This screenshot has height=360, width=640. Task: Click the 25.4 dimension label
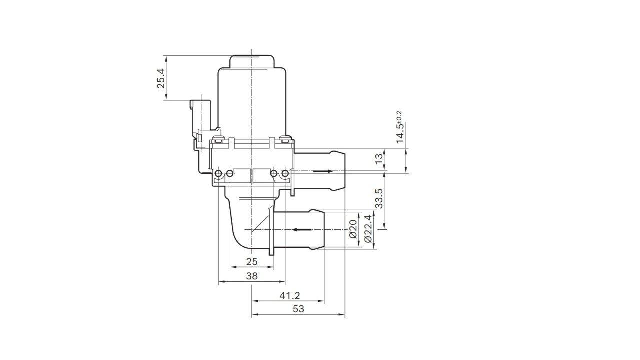161,78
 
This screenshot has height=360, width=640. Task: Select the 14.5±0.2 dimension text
400,128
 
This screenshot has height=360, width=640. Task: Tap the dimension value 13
379,159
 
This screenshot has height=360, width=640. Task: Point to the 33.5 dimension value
379,198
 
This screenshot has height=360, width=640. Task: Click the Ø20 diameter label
353,229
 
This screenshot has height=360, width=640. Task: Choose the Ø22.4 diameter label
369,229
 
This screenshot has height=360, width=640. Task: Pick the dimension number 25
252,261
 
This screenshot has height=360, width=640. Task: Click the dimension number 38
252,275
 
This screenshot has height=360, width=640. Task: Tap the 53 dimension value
298,309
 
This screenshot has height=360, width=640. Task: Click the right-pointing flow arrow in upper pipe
323,171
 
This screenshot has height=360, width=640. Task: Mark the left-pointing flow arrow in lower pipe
302,230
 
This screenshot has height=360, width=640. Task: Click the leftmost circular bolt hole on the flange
219,173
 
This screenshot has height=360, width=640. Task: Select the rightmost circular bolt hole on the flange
285,173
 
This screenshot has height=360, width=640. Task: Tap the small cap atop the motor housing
252,61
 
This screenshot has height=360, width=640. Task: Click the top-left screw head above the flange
217,139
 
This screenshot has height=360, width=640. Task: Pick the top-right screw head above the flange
285,139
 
